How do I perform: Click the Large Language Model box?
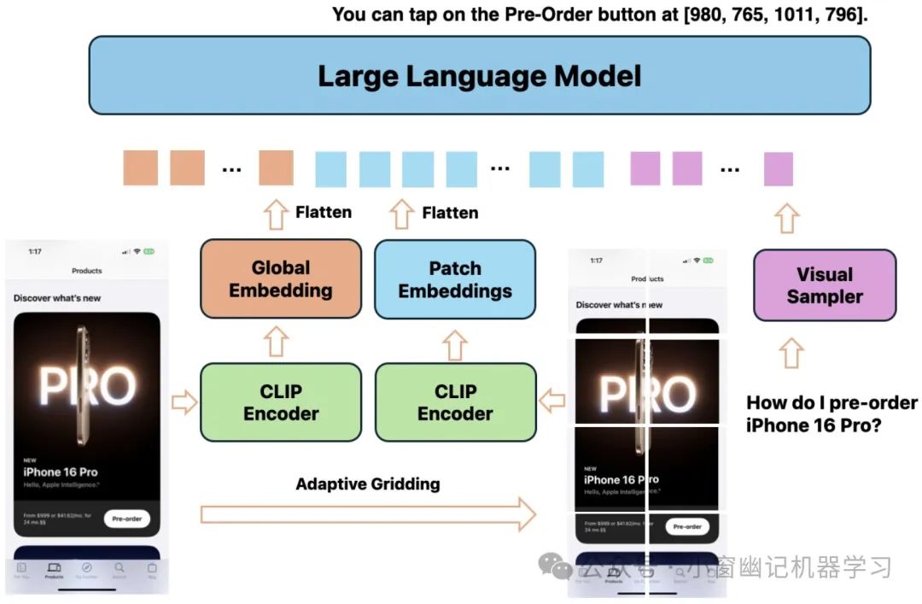(479, 75)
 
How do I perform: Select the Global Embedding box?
(281, 279)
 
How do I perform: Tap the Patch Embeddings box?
(455, 279)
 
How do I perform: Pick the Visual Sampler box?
(825, 285)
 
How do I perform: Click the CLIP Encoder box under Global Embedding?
(281, 402)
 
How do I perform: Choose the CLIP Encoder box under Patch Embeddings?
(455, 402)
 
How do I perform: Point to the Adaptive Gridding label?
(368, 484)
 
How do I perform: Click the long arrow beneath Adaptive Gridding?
(368, 514)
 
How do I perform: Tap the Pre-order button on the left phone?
(126, 519)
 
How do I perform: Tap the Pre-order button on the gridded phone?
(686, 527)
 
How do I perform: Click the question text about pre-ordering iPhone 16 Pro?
(832, 413)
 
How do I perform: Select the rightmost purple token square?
(778, 168)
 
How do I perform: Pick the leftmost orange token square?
(140, 167)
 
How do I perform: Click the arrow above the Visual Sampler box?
(787, 218)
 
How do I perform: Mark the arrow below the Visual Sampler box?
(791, 353)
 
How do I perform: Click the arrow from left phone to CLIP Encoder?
(184, 402)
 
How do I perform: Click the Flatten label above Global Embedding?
(324, 213)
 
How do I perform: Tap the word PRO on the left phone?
(87, 386)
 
